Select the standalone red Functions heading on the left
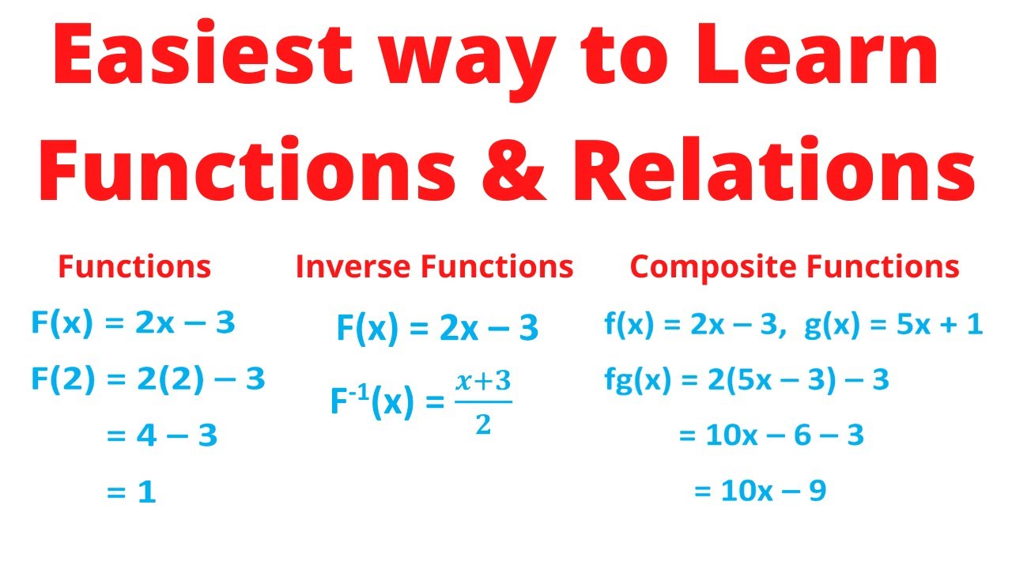point(134,267)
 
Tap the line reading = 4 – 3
point(161,435)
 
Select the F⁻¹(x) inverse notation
point(372,404)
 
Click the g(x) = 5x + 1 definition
point(893,325)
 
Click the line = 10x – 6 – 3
point(771,435)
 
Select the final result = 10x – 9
point(760,492)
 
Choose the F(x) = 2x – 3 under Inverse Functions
point(437,328)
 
